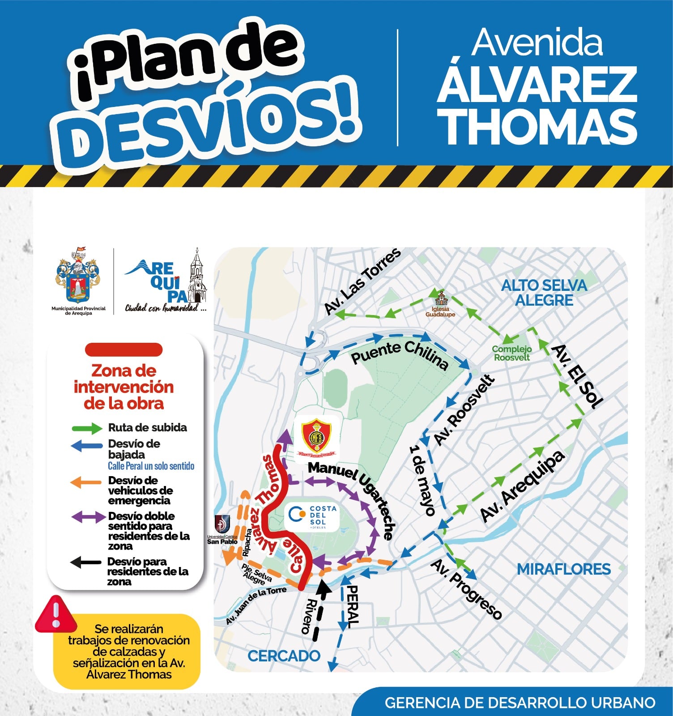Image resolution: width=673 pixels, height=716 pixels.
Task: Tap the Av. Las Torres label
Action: pos(362,281)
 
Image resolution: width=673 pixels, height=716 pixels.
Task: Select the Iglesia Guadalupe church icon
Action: pos(441,298)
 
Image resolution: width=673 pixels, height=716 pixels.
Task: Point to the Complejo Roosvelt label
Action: pos(512,353)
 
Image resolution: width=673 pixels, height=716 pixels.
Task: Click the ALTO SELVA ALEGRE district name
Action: pos(544,293)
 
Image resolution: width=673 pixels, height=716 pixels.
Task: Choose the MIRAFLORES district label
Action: pos(563,569)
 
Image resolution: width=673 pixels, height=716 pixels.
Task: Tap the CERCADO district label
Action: pos(284,656)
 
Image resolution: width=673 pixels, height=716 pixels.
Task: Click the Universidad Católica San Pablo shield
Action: pos(222,524)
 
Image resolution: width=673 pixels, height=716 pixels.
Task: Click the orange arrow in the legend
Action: pos(85,482)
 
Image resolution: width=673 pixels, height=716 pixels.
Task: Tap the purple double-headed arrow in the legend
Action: pos(88,517)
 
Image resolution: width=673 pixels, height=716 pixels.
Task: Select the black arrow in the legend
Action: pos(85,563)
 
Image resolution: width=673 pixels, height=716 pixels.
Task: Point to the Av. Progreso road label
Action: pos(466,589)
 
